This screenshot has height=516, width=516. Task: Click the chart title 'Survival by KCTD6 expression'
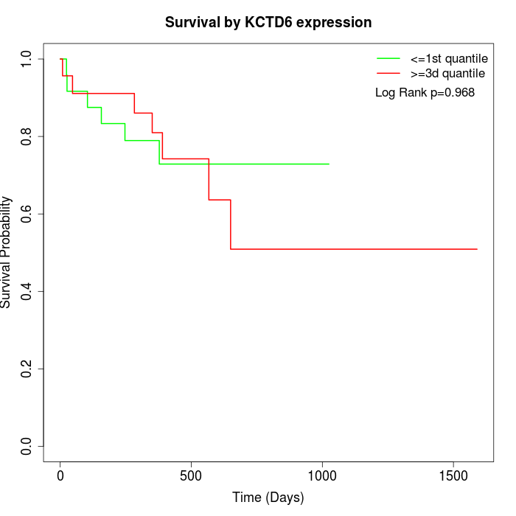(268, 22)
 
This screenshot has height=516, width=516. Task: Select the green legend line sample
(388, 57)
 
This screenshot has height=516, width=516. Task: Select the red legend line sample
(388, 74)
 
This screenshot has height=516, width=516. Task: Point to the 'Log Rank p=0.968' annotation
(425, 93)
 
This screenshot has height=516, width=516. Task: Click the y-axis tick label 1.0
(27, 59)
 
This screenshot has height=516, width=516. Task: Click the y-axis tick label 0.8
(27, 136)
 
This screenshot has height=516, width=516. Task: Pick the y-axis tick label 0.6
(27, 214)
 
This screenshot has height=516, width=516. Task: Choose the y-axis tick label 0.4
(27, 291)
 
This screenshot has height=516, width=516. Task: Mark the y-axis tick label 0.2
(27, 369)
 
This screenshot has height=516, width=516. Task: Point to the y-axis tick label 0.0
(27, 446)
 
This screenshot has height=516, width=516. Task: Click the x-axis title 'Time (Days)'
(268, 498)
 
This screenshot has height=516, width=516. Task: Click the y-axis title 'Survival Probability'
(7, 252)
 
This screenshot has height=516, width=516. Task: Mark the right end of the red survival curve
(477, 249)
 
